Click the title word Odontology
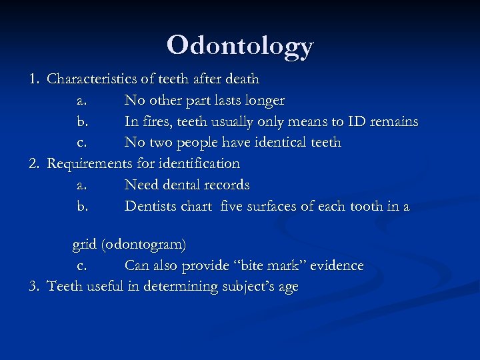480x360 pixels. [240, 45]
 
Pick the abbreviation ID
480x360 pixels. [355, 122]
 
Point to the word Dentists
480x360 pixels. [151, 207]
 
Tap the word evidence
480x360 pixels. [337, 266]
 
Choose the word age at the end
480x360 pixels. [287, 288]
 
